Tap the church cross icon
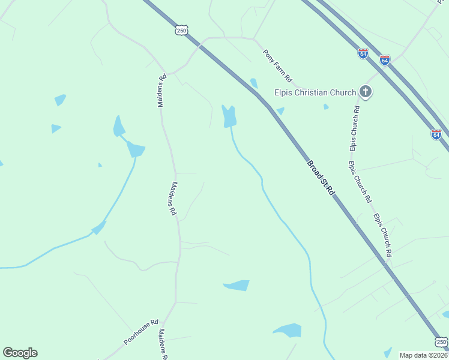point(366,92)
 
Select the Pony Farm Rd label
point(277,66)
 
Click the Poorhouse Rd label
point(141,331)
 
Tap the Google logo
point(20,353)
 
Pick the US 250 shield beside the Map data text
point(441,342)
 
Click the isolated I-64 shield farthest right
point(436,134)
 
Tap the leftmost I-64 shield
point(363,53)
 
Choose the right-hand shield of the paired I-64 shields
point(385,60)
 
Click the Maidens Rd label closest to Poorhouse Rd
point(162,344)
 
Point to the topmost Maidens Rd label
point(161,91)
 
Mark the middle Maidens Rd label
point(174,199)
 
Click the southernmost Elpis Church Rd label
point(382,235)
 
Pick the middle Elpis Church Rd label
point(360,181)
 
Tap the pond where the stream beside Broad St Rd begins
point(229,116)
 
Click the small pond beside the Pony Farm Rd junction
point(254,83)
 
